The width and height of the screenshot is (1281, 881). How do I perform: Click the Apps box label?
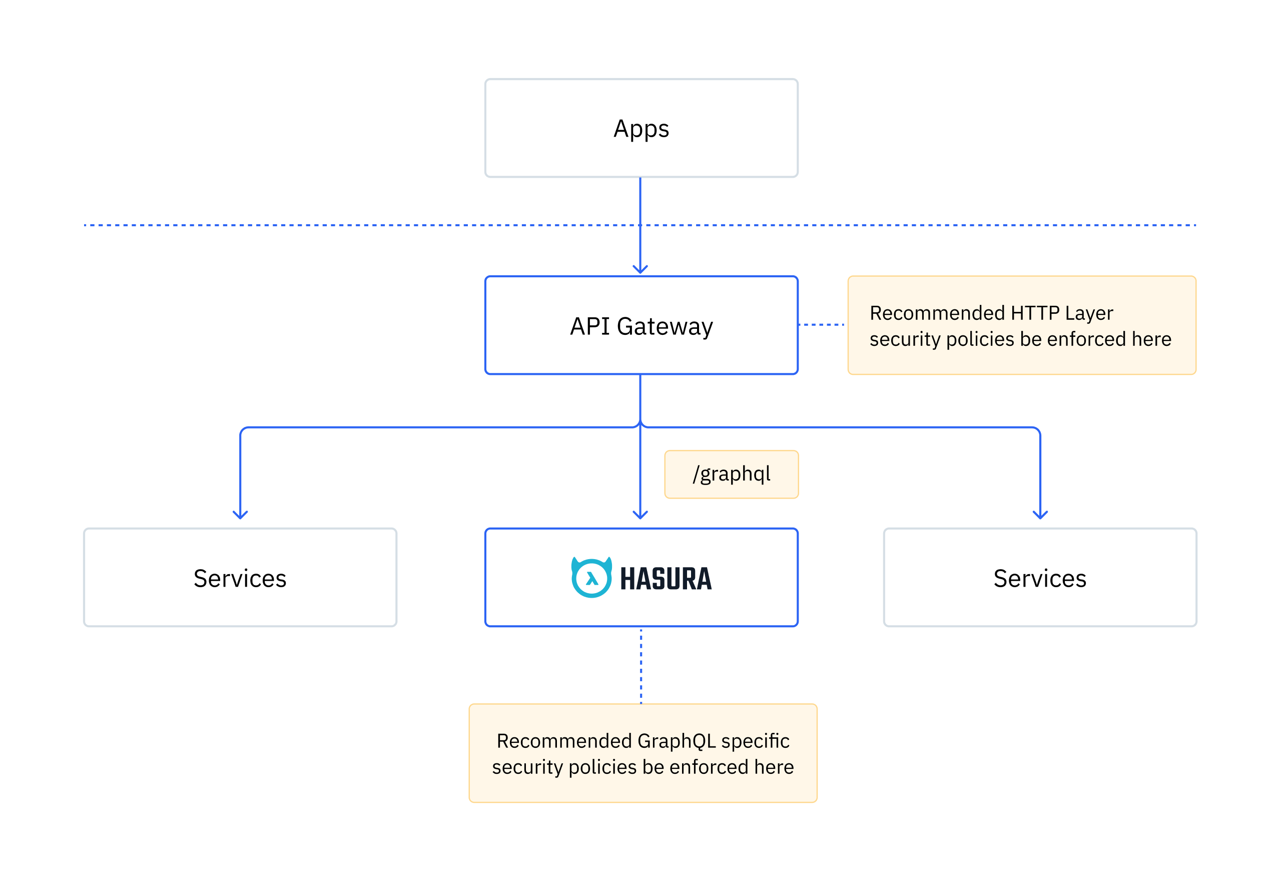pos(641,129)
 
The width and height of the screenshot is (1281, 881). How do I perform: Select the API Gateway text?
pos(641,326)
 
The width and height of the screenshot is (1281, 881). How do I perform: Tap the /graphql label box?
pos(731,474)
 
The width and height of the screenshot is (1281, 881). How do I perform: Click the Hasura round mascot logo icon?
pos(591,577)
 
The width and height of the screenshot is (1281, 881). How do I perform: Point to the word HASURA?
pos(666,579)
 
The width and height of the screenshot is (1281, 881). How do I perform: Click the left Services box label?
pos(240,579)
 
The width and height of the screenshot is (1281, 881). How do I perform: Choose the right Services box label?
pos(1039,579)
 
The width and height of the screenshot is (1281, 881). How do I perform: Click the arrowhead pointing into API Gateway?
pos(640,269)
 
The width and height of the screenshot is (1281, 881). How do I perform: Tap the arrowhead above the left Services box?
pos(240,515)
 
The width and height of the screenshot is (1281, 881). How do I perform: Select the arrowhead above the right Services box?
pos(1040,515)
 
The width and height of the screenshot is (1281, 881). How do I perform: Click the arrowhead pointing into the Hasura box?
pos(640,515)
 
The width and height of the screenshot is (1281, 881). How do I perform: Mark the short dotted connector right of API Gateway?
pos(822,324)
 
